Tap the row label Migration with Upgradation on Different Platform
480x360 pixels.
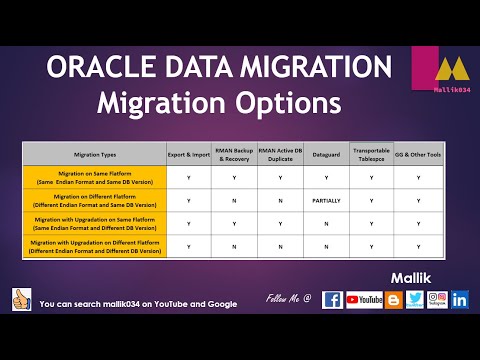click(x=95, y=246)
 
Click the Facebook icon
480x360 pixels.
click(x=332, y=299)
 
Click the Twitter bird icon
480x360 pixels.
click(x=414, y=299)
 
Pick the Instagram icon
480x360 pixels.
click(x=437, y=299)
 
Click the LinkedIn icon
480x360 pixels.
click(x=460, y=299)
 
